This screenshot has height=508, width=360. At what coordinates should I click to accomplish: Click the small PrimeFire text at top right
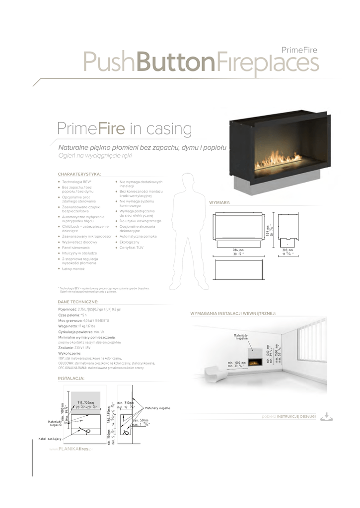[299, 50]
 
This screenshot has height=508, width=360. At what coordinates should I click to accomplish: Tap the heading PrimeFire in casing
[125, 129]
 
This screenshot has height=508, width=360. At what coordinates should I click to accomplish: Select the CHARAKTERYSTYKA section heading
[79, 174]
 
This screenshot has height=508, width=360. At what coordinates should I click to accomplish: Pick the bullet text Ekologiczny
[130, 242]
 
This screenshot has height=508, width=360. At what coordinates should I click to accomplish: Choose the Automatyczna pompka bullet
[138, 237]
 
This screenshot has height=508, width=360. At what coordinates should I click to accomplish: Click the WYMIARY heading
[220, 203]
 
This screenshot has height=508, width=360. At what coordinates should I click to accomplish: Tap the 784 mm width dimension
[238, 250]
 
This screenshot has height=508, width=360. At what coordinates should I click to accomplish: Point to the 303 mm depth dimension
[288, 250]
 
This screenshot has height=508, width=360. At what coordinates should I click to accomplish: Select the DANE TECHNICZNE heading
[78, 302]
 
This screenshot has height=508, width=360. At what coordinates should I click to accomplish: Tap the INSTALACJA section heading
[71, 378]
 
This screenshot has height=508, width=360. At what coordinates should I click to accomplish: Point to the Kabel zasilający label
[50, 439]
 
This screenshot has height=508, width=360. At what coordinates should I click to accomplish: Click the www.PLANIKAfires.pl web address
[72, 448]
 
